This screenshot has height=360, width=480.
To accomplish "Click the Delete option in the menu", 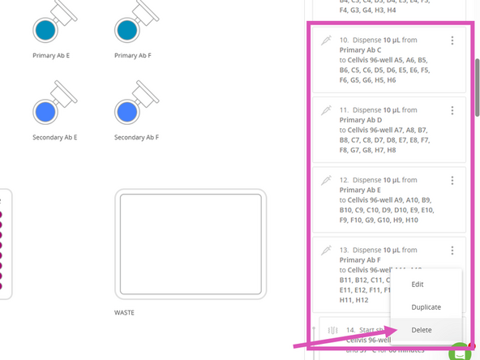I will click(421, 330).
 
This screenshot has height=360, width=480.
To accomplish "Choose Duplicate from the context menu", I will click(426, 307).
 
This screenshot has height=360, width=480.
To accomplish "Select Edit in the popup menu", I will click(418, 285).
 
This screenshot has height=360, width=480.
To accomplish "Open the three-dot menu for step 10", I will click(452, 41).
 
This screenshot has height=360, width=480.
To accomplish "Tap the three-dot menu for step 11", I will click(452, 110).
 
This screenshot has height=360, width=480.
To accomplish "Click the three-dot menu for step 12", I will click(452, 180).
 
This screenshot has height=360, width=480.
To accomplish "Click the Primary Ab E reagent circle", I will click(45, 30).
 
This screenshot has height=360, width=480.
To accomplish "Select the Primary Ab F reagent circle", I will click(126, 30).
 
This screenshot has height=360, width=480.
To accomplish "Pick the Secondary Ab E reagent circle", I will click(45, 111).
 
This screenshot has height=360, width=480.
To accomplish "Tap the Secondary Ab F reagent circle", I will click(126, 111).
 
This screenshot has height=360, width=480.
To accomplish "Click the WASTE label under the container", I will click(124, 312).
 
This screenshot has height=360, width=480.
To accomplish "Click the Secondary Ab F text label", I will click(136, 138).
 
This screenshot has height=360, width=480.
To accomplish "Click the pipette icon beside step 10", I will click(326, 40).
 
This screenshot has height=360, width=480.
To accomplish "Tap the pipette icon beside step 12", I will click(326, 179).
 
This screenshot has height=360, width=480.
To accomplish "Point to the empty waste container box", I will click(191, 244).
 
